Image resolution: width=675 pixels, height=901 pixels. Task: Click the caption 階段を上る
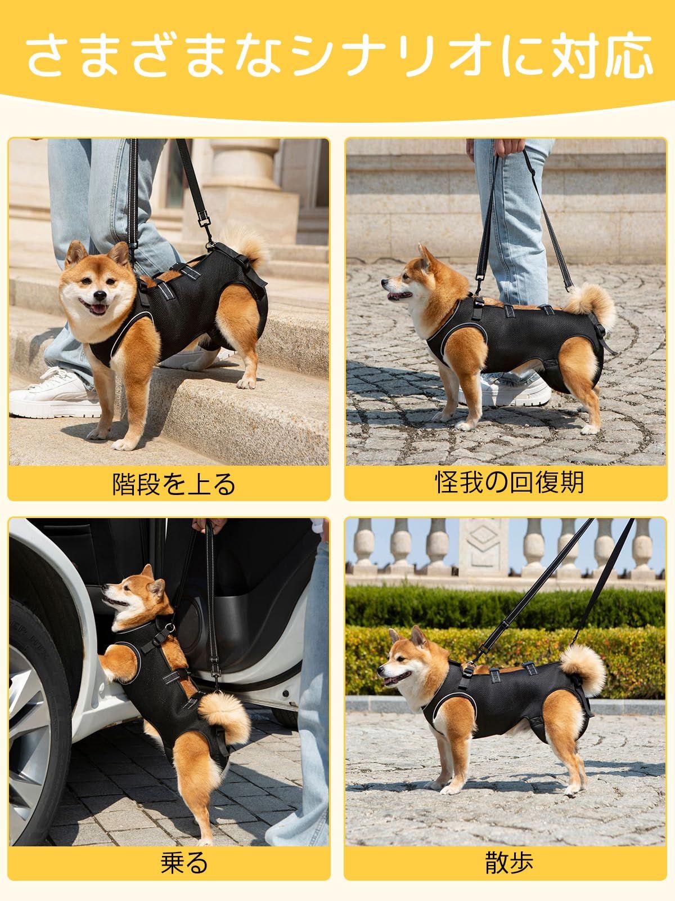click(x=174, y=484)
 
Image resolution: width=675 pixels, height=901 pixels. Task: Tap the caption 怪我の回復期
click(x=509, y=482)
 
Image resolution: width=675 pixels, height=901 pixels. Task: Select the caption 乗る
click(x=184, y=863)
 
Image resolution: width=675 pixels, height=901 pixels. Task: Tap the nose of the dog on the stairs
click(x=99, y=296)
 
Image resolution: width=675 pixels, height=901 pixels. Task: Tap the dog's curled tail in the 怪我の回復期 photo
click(x=590, y=306)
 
